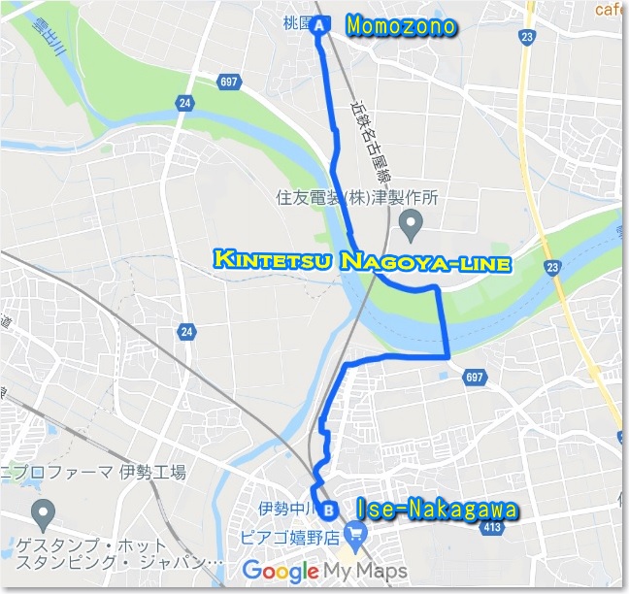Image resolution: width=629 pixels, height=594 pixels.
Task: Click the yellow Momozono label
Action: coord(401,26)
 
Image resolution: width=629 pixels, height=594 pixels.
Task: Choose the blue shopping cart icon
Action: coord(356,531)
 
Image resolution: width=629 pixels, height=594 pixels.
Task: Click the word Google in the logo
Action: coord(281,571)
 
